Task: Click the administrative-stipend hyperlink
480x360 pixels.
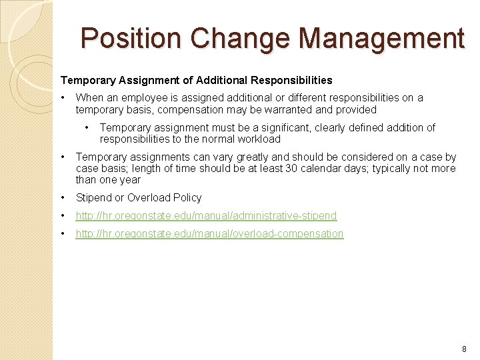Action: click(206, 215)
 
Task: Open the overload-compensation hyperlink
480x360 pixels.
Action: click(209, 233)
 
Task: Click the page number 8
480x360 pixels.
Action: click(464, 349)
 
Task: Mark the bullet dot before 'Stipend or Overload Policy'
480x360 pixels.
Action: click(63, 197)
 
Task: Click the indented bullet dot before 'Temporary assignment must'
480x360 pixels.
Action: click(87, 127)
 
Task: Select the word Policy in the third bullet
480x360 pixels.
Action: click(187, 197)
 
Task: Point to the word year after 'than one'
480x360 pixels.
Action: click(130, 179)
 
